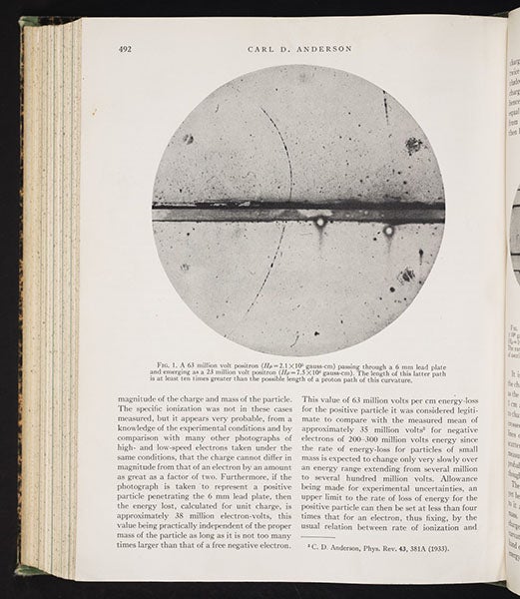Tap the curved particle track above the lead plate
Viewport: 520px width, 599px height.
(282, 150)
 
